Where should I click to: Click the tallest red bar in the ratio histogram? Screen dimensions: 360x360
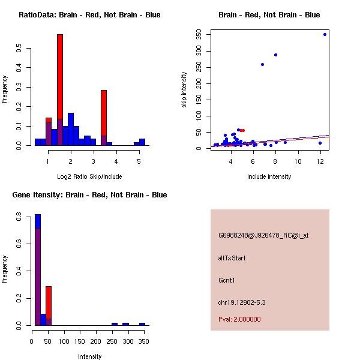[x=60, y=72]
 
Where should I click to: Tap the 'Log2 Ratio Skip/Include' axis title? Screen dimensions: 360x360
[x=89, y=176]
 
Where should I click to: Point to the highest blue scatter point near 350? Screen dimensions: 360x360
[x=325, y=34]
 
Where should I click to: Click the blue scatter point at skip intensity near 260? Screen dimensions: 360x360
[x=262, y=64]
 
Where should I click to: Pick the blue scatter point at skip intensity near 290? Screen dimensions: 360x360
[x=275, y=55]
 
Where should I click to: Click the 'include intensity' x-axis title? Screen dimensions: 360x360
[x=269, y=176]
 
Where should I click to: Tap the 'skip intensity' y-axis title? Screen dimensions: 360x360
[x=184, y=89]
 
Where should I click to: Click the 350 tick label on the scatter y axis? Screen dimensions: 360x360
[x=197, y=34]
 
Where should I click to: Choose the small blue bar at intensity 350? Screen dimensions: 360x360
[x=142, y=324]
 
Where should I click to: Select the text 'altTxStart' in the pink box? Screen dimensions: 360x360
[x=232, y=258]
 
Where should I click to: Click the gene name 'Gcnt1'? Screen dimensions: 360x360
[x=226, y=280]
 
